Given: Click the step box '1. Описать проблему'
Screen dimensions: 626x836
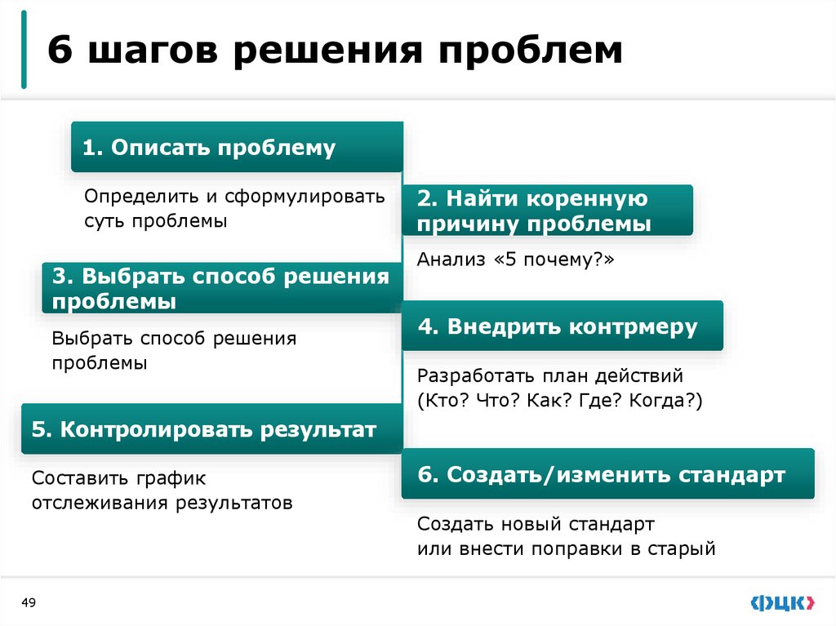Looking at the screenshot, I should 237,147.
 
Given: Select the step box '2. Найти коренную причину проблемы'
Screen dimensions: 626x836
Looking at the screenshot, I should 547,211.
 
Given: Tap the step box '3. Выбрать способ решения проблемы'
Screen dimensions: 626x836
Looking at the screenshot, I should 222,288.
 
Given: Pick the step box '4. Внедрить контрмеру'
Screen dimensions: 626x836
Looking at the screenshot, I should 562,326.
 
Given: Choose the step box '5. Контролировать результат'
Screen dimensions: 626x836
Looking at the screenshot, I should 211,428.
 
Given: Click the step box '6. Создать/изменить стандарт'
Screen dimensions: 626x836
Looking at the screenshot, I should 607,474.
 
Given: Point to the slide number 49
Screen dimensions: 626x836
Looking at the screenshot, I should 29,602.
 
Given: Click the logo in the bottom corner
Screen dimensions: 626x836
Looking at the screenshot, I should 781,603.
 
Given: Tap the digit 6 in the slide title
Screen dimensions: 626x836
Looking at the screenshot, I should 58,51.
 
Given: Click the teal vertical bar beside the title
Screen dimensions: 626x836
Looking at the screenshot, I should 24,50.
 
